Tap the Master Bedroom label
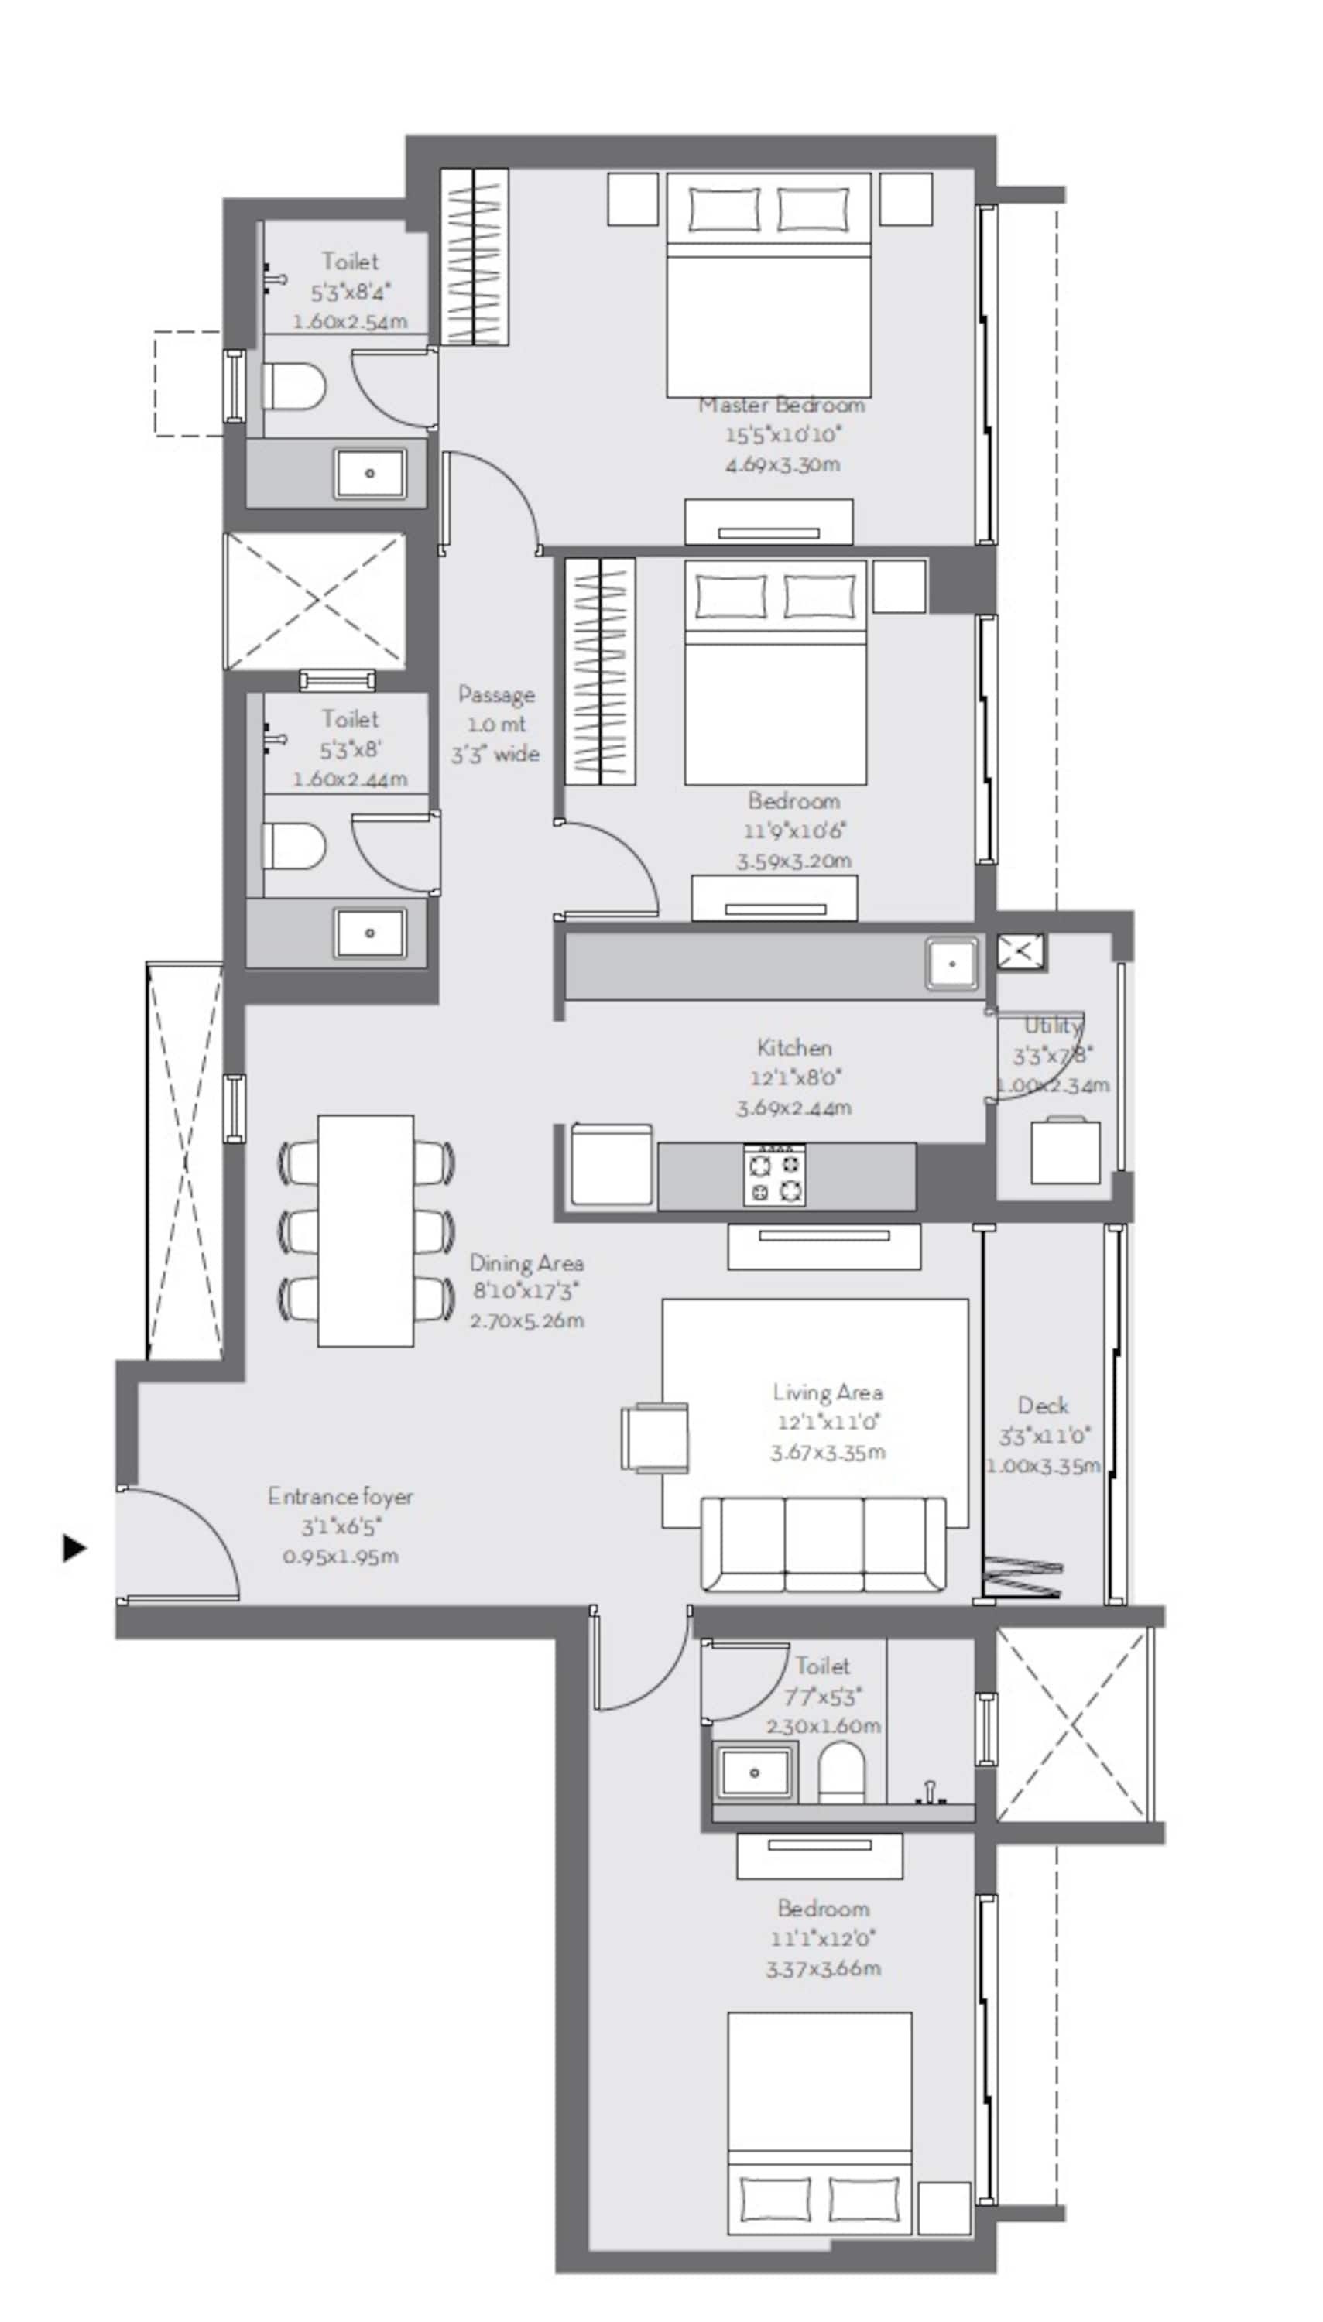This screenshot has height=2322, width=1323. pyautogui.click(x=780, y=405)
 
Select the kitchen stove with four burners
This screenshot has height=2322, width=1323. pyautogui.click(x=774, y=1175)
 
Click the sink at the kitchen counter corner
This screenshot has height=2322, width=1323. pyautogui.click(x=952, y=964)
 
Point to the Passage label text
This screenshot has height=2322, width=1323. pyautogui.click(x=496, y=695)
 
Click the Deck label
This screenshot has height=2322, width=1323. pyautogui.click(x=1042, y=1406)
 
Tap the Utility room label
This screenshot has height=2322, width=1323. pyautogui.click(x=1052, y=1026)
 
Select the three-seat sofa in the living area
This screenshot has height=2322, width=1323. pyautogui.click(x=823, y=1544)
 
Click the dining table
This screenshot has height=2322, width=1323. pyautogui.click(x=365, y=1230)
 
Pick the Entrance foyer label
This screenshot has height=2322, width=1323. pyautogui.click(x=340, y=1496)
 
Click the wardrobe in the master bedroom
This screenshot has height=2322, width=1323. pyautogui.click(x=475, y=256)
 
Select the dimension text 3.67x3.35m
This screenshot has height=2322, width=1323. pyautogui.click(x=827, y=1452)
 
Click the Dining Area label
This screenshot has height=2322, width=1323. pyautogui.click(x=526, y=1262)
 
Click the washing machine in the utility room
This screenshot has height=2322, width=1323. pyautogui.click(x=1065, y=1151)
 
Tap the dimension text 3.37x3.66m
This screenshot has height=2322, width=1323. pyautogui.click(x=822, y=1968)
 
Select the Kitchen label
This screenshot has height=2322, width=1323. pyautogui.click(x=794, y=1047)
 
